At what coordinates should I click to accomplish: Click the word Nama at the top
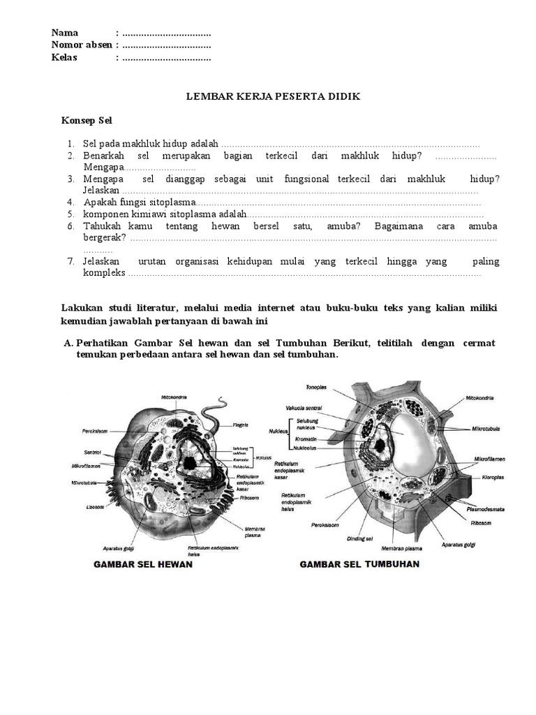[65, 33]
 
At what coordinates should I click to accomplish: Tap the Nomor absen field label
[81, 45]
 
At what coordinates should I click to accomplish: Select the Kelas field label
[64, 57]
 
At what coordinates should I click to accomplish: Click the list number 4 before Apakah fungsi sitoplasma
[71, 202]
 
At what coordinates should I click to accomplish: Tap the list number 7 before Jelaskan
[71, 261]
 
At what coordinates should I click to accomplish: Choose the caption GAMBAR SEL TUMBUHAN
[359, 563]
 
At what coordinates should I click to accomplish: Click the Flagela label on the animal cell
[241, 424]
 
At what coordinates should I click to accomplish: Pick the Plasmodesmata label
[486, 510]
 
